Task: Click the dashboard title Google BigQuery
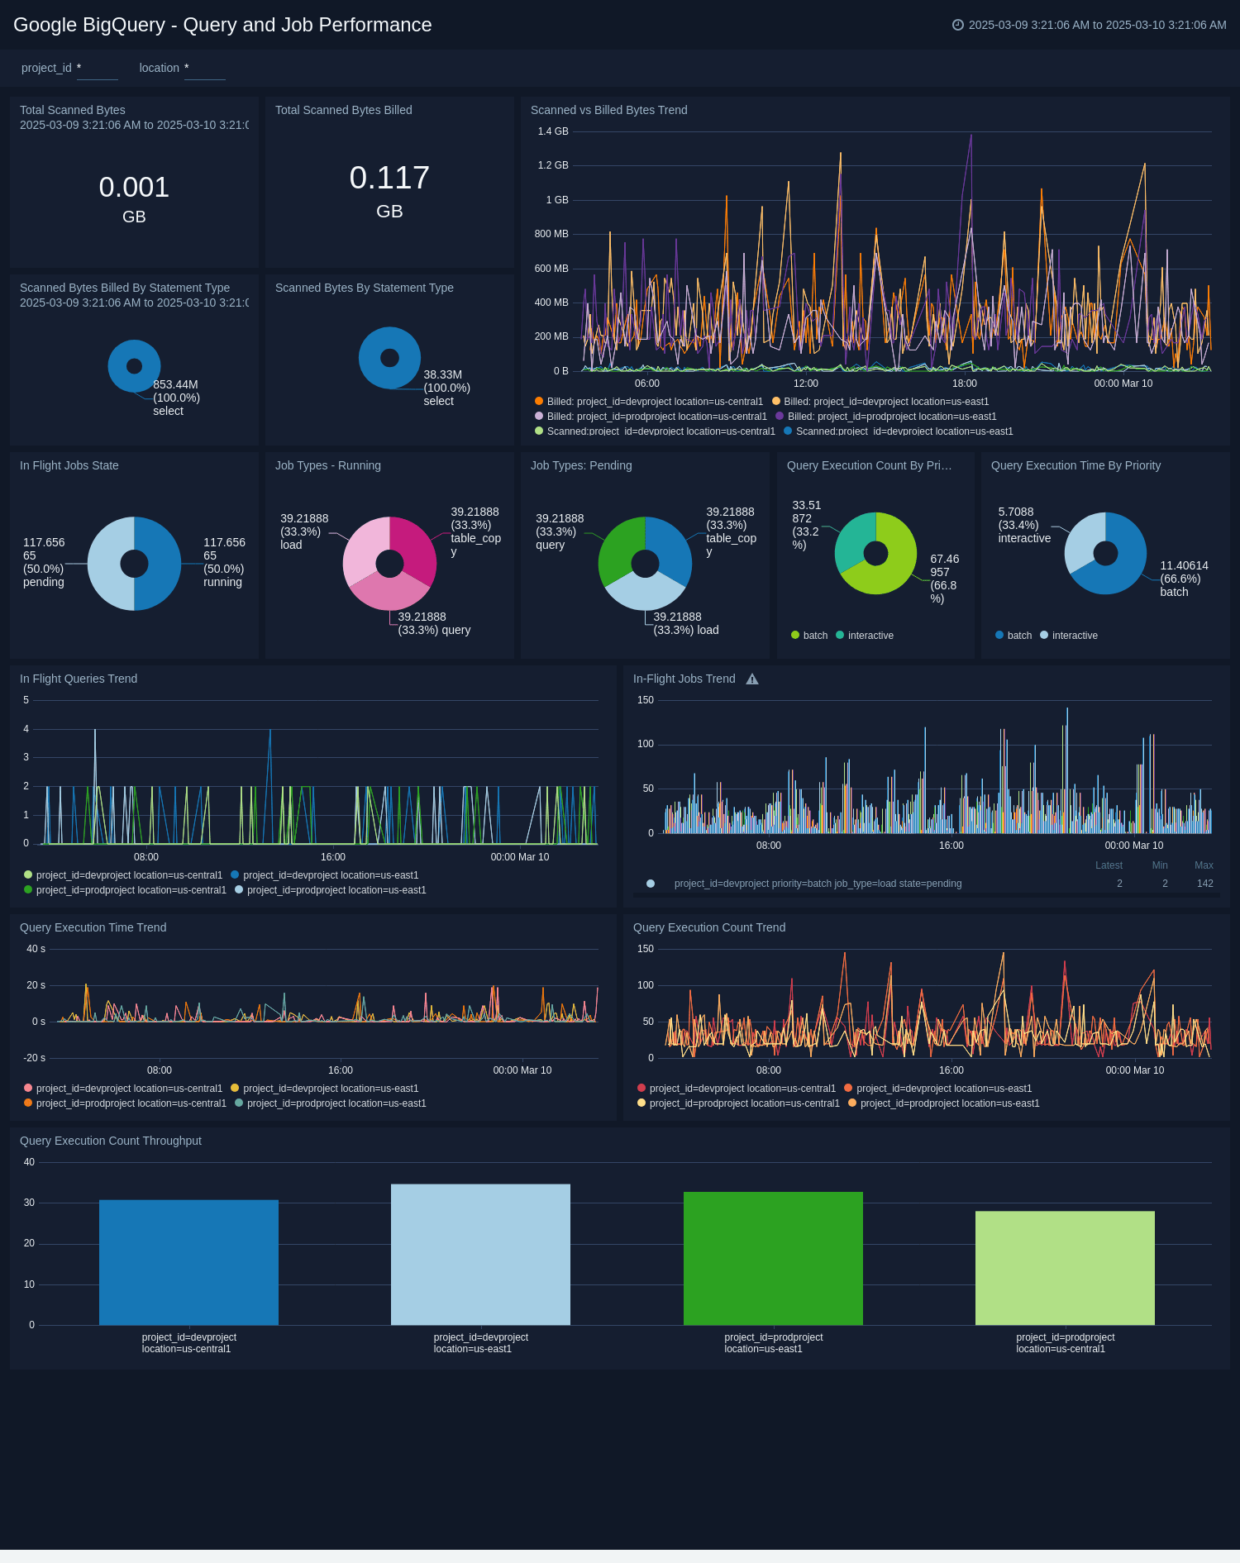(x=222, y=25)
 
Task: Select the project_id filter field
(x=97, y=69)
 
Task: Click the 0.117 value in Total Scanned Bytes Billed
(x=389, y=178)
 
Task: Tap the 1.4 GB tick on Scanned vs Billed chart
(x=552, y=131)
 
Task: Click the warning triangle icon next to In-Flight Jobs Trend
(x=752, y=679)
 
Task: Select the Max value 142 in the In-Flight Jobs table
(x=1204, y=884)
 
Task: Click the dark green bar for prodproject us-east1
(x=773, y=1258)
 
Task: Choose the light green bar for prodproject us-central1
(x=1065, y=1268)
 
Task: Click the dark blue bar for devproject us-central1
(x=188, y=1262)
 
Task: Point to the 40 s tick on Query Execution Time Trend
(x=36, y=949)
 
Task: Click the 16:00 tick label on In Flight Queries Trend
(x=333, y=857)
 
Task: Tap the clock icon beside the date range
(x=957, y=25)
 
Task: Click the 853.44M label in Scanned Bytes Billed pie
(x=175, y=384)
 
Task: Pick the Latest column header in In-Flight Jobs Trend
(x=1109, y=865)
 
